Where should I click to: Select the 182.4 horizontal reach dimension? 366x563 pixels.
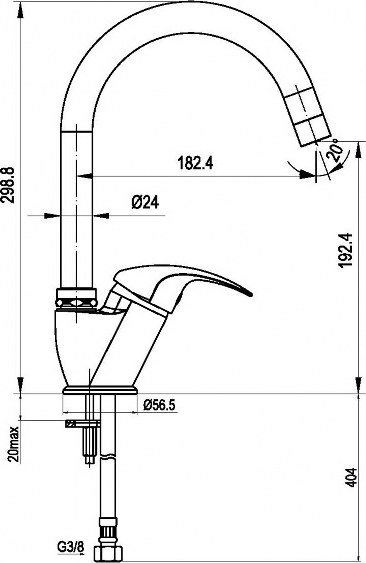pos(195,163)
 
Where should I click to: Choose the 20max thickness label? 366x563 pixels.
pos(13,444)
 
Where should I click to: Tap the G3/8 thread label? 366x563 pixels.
pos(70,546)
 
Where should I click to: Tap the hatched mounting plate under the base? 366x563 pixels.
pos(83,424)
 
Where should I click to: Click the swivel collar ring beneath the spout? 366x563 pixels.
pos(76,298)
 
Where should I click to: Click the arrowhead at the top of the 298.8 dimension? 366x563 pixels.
pos(20,10)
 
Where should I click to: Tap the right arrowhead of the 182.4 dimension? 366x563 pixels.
pos(308,175)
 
